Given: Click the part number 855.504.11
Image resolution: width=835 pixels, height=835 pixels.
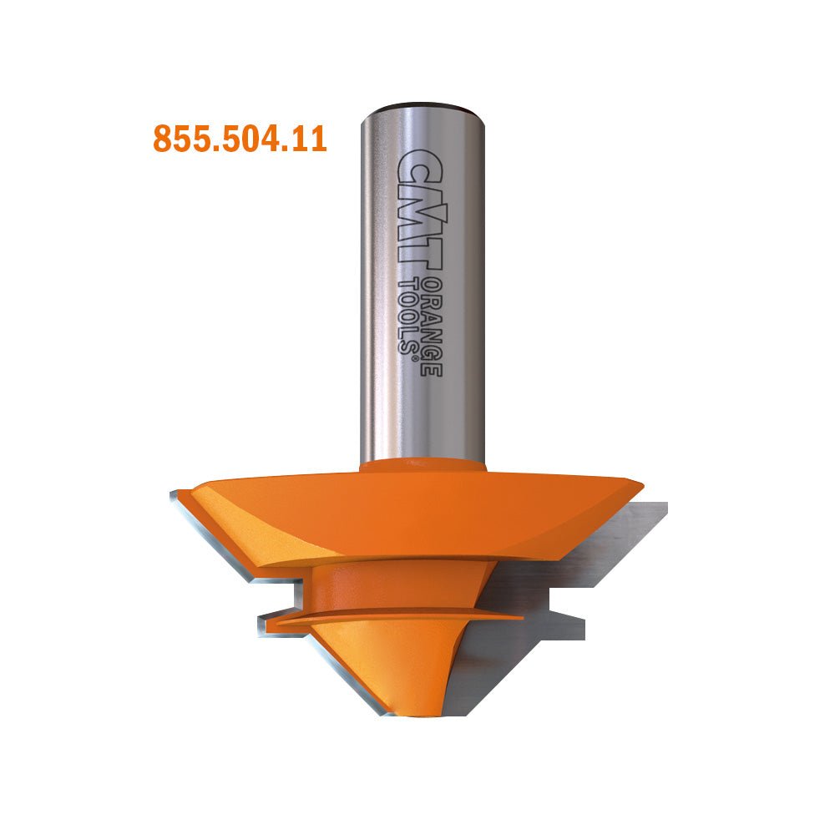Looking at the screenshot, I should (x=240, y=139).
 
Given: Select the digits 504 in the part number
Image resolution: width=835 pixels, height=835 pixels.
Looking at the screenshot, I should (x=245, y=139).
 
